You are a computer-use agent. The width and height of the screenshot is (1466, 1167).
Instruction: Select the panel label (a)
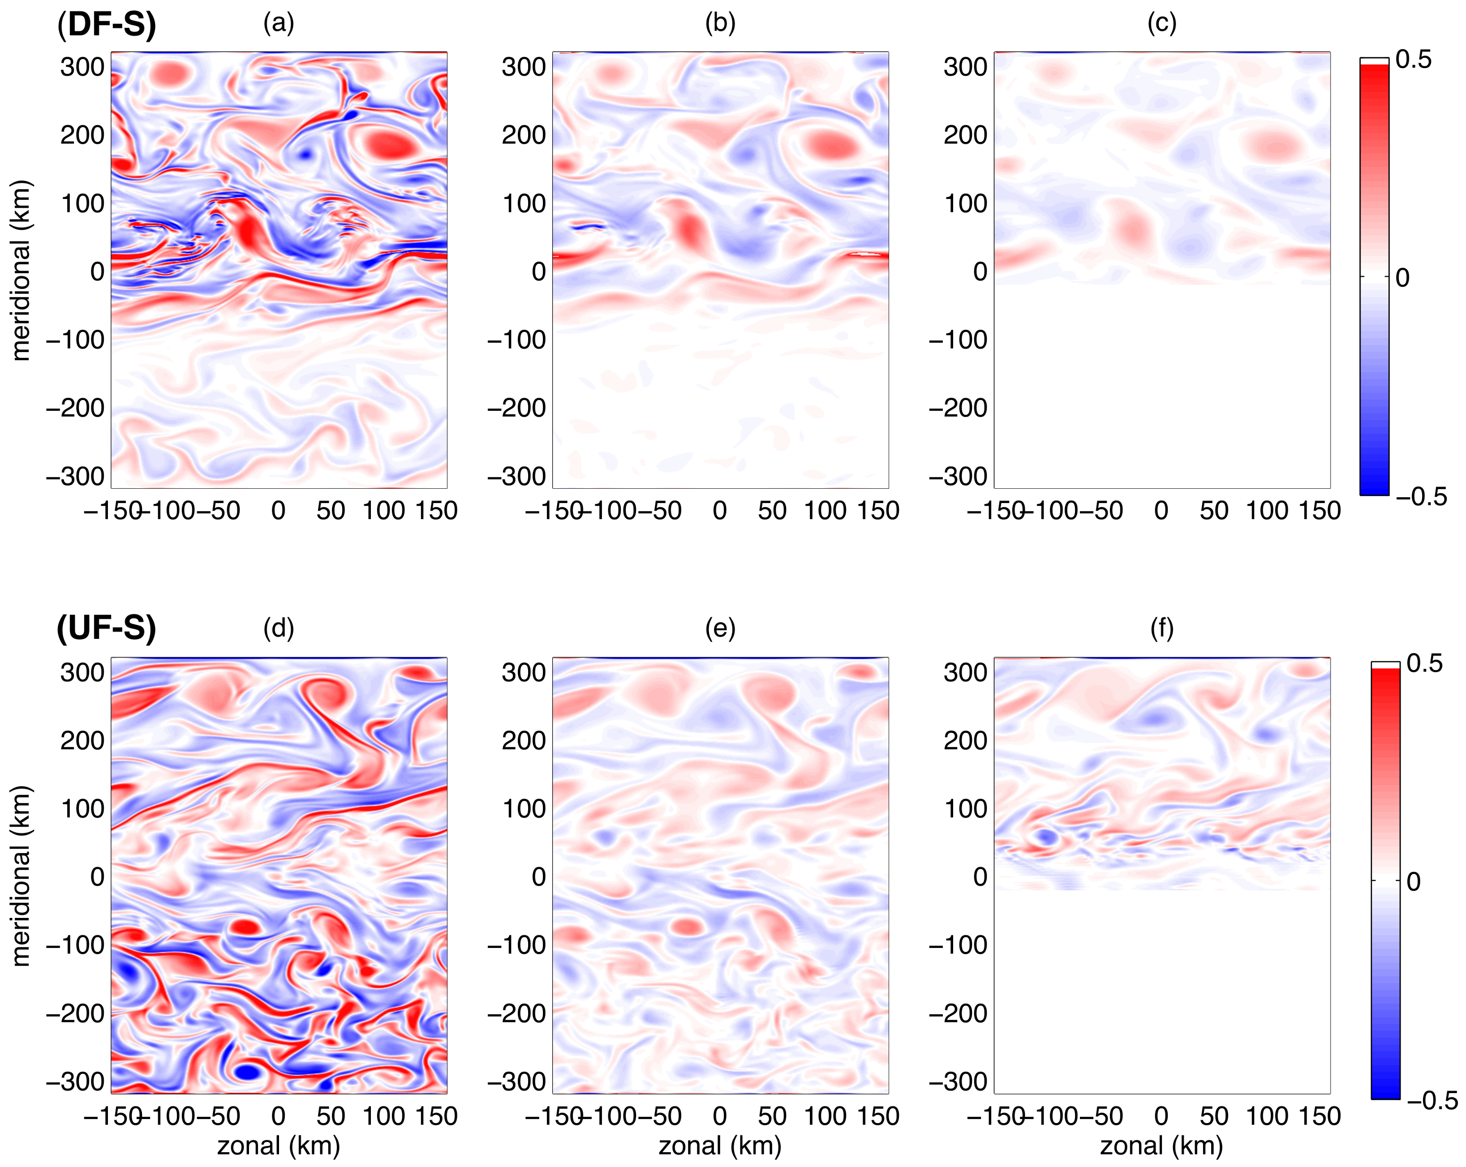(x=278, y=24)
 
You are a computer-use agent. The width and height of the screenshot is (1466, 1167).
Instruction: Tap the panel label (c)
(x=1161, y=24)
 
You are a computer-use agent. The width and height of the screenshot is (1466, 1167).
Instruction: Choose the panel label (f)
(x=1161, y=629)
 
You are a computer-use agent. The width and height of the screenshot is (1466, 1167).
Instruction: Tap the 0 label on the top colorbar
(x=1402, y=277)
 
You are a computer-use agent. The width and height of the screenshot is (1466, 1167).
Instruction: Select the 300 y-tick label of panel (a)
(x=82, y=67)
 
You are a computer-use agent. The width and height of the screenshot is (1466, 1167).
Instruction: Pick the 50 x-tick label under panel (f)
(x=1214, y=1116)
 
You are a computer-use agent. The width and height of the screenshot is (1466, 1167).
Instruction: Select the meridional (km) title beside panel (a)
(x=22, y=270)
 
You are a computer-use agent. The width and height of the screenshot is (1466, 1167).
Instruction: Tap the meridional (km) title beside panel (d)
(x=22, y=876)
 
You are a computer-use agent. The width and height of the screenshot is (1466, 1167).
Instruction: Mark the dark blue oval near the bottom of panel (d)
(x=248, y=1072)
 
